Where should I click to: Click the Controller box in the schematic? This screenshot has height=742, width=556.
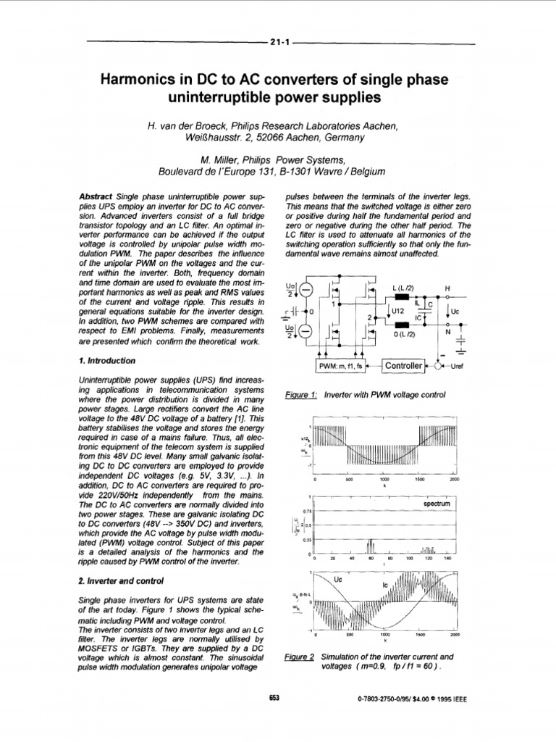pyautogui.click(x=403, y=366)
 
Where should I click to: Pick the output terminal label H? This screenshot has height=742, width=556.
pyautogui.click(x=447, y=288)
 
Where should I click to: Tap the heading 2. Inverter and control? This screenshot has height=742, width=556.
pyautogui.click(x=119, y=580)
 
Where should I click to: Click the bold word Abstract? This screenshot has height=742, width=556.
pyautogui.click(x=95, y=197)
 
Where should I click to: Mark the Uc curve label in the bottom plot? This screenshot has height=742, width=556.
pyautogui.click(x=342, y=580)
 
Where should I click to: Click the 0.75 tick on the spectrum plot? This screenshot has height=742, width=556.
pyautogui.click(x=307, y=511)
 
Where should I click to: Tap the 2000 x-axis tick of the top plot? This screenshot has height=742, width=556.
pyautogui.click(x=454, y=480)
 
